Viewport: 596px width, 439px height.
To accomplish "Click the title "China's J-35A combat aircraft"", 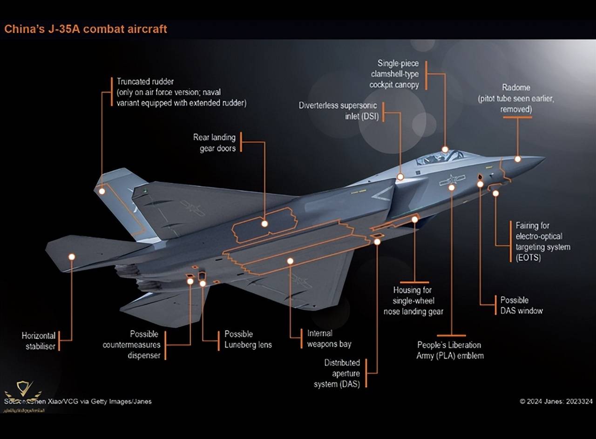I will click(x=85, y=29).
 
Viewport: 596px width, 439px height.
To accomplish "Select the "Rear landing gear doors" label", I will click(x=214, y=143).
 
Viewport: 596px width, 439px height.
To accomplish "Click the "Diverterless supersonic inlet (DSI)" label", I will click(x=338, y=111).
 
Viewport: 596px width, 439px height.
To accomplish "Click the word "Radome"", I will click(x=516, y=87).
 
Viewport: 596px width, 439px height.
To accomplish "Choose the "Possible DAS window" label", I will click(x=521, y=305).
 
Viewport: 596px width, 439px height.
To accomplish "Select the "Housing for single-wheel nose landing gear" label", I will click(x=413, y=301).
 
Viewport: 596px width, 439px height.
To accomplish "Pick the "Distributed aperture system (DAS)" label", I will click(x=342, y=373).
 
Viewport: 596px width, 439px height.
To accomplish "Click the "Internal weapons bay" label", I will click(x=329, y=339).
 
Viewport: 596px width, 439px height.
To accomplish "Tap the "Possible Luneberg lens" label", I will click(x=248, y=339).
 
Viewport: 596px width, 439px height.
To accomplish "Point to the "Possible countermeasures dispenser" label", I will click(x=132, y=345).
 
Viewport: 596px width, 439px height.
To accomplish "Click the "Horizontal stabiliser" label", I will click(x=39, y=341).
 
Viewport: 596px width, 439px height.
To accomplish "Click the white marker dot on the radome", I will click(x=517, y=159).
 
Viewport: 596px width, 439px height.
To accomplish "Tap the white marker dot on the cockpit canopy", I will click(x=445, y=150).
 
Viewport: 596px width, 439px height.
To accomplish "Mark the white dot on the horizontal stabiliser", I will click(x=72, y=257).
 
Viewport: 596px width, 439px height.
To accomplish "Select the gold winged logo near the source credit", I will click(x=22, y=389).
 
